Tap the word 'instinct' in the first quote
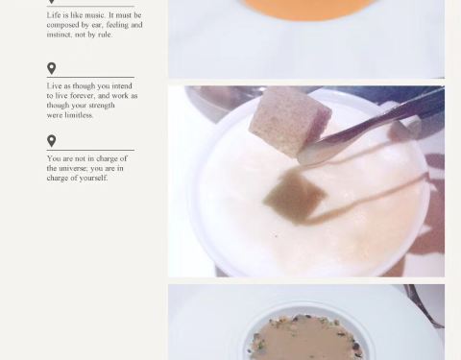60,35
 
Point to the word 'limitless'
79,115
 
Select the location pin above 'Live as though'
51,68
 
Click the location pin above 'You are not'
51,141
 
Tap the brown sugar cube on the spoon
290,122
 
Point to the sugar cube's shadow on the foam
294,196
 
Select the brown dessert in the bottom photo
305,339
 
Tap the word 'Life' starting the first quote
53,15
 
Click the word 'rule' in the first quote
104,35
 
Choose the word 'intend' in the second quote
122,86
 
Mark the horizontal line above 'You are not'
90,150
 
